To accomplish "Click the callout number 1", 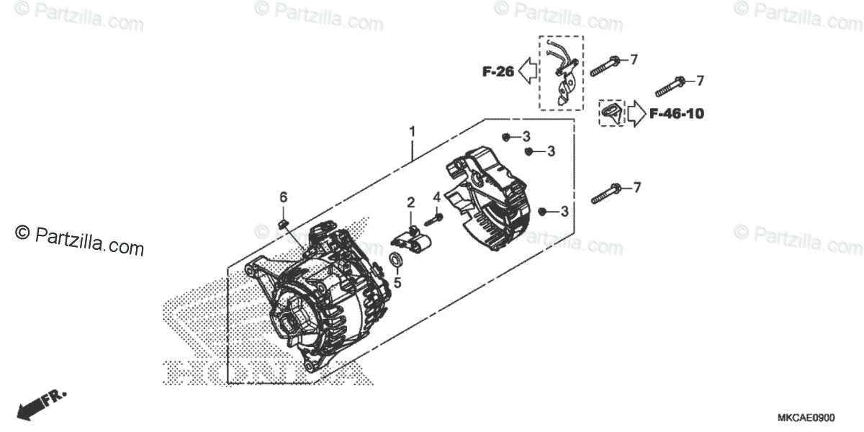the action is [x=412, y=132].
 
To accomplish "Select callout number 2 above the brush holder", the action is [x=410, y=202].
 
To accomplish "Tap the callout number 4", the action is [x=436, y=197].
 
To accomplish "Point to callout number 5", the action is [x=397, y=283].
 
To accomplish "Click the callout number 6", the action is [x=284, y=197].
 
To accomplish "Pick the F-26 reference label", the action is [x=498, y=71].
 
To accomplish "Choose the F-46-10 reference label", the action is [x=676, y=114].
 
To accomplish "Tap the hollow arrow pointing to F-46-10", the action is [x=636, y=114].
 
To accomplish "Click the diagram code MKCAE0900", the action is [x=806, y=418].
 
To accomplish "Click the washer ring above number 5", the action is [x=396, y=261].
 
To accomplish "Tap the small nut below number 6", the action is [x=283, y=225].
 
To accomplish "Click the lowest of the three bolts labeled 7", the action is [x=607, y=193].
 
